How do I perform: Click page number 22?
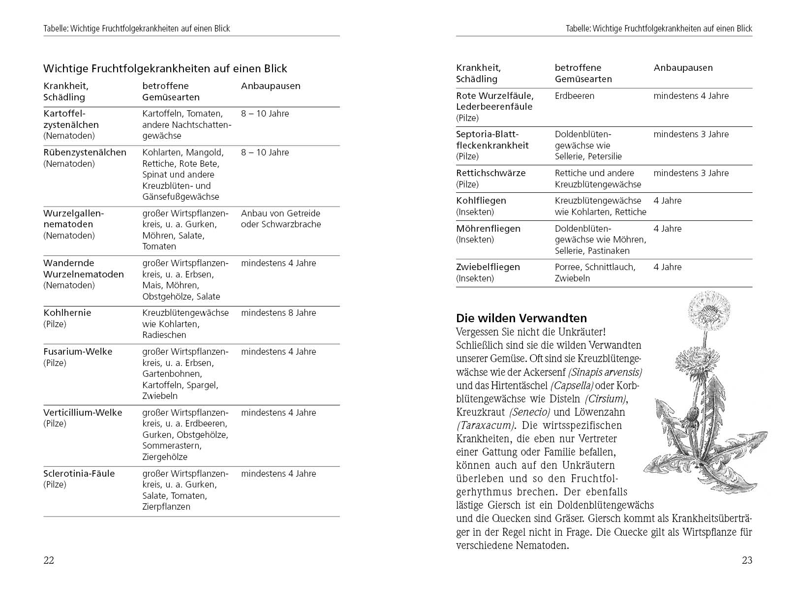point(49,560)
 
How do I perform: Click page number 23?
point(747,560)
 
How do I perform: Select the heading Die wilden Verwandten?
point(521,318)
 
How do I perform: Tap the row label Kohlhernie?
point(67,313)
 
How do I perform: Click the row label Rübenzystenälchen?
point(85,152)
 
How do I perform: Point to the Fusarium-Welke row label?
point(78,352)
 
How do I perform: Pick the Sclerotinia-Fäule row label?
point(79,474)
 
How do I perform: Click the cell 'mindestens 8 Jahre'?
point(278,313)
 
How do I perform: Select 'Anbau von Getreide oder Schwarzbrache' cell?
point(280,219)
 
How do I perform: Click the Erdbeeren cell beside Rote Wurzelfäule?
point(574,96)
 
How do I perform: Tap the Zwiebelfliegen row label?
point(488,267)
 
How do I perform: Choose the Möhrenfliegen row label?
point(488,229)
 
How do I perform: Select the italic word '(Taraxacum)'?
point(485,426)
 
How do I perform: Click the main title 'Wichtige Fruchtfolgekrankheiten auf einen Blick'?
point(165,68)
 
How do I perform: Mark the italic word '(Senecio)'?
point(530,412)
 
